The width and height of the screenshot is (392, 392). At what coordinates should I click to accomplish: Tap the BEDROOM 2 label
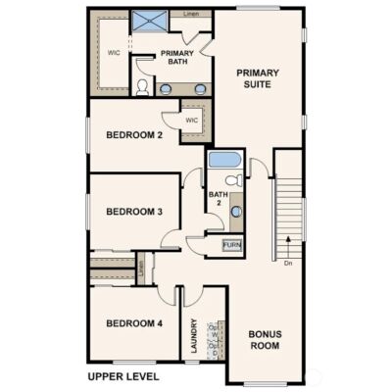coord(134,136)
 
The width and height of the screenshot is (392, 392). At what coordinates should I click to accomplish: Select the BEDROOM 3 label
coord(134,211)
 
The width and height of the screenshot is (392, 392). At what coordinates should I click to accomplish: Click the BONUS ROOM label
coord(265,340)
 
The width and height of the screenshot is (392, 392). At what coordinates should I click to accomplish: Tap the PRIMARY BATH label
coord(177,57)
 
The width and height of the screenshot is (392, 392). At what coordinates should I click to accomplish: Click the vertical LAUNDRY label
coord(195,337)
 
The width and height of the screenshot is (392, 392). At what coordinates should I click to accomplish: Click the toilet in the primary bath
coord(143,88)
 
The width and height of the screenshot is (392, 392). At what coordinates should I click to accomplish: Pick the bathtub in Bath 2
coord(223,160)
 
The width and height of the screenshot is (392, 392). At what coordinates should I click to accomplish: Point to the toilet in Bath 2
coord(232,180)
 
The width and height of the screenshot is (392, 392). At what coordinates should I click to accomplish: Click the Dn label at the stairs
coord(288,263)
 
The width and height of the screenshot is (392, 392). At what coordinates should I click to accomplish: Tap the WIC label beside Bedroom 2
coord(192,121)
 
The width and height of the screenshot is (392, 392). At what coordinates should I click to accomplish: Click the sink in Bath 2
coord(235,214)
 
